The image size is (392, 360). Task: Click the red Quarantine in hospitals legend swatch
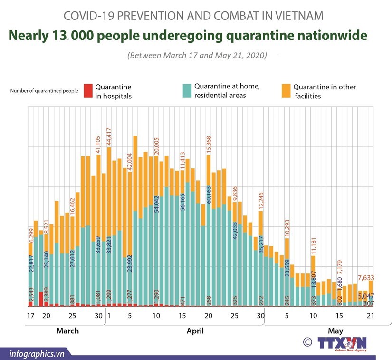(x=87, y=91)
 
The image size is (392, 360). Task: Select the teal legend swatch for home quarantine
(x=187, y=90)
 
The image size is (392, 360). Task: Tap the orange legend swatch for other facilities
(x=286, y=91)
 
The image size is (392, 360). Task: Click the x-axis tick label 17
(x=31, y=316)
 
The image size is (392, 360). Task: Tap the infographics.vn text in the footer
(x=36, y=353)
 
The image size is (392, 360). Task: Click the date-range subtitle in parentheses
(x=197, y=55)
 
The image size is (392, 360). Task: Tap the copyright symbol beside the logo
(x=307, y=342)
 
